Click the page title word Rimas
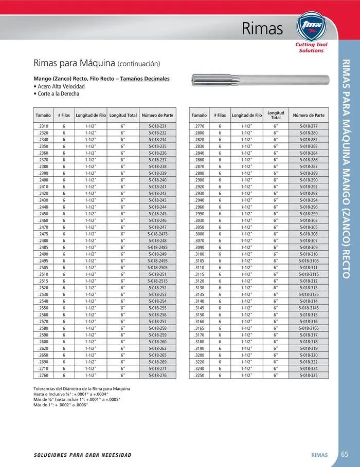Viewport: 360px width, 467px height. [262, 29]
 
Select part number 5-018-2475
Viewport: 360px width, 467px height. [157, 234]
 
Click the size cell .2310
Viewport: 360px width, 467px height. [43, 126]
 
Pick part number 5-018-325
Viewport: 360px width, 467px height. [308, 376]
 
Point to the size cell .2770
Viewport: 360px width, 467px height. [199, 126]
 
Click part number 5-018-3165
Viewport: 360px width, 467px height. [308, 328]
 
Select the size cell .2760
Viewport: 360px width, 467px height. [43, 376]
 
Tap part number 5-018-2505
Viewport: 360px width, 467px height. [157, 268]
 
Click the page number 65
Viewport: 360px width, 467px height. [345, 454]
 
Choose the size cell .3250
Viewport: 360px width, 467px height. [199, 376]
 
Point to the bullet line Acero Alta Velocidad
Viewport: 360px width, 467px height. [60, 87]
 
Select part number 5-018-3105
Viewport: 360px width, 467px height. [308, 261]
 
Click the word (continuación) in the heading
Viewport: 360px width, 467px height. [139, 64]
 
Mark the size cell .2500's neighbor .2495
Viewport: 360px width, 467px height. [43, 261]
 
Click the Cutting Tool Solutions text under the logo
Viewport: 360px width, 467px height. [312, 48]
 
